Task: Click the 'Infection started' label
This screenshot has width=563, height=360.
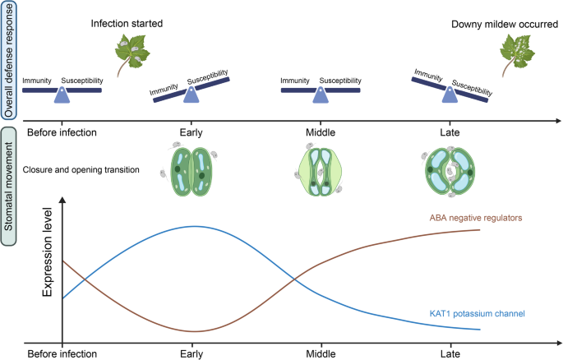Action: (x=127, y=23)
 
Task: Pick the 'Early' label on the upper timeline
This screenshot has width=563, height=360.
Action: (x=192, y=132)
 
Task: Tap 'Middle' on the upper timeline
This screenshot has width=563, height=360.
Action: (x=321, y=132)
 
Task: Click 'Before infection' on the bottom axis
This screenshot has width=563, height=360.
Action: (x=62, y=354)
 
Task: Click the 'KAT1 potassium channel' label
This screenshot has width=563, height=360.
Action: (x=477, y=313)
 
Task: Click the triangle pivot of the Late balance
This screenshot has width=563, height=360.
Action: (x=449, y=95)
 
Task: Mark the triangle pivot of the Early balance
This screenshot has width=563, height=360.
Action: (x=192, y=95)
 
